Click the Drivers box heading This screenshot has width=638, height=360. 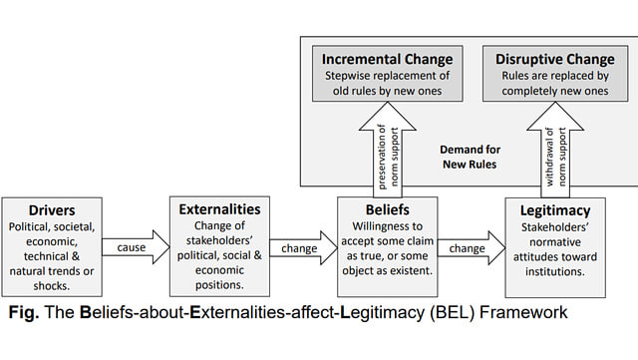52,211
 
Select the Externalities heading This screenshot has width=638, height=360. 219,210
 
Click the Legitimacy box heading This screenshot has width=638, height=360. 555,211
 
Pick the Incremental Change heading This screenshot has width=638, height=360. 387,59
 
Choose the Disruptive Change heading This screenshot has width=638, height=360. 555,59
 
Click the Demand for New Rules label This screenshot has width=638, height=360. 469,156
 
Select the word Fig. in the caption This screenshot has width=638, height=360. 23,313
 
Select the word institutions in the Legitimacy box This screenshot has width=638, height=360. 555,270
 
